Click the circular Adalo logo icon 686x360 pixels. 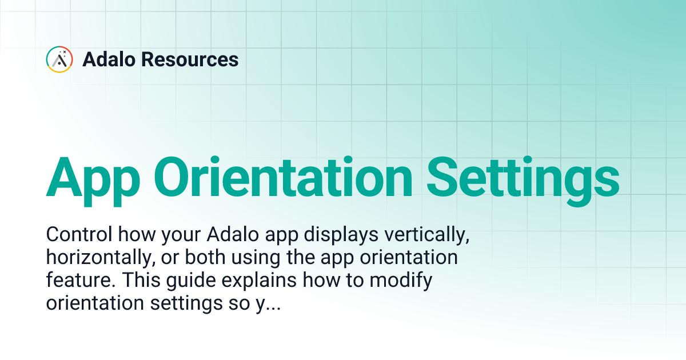tap(59, 59)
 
